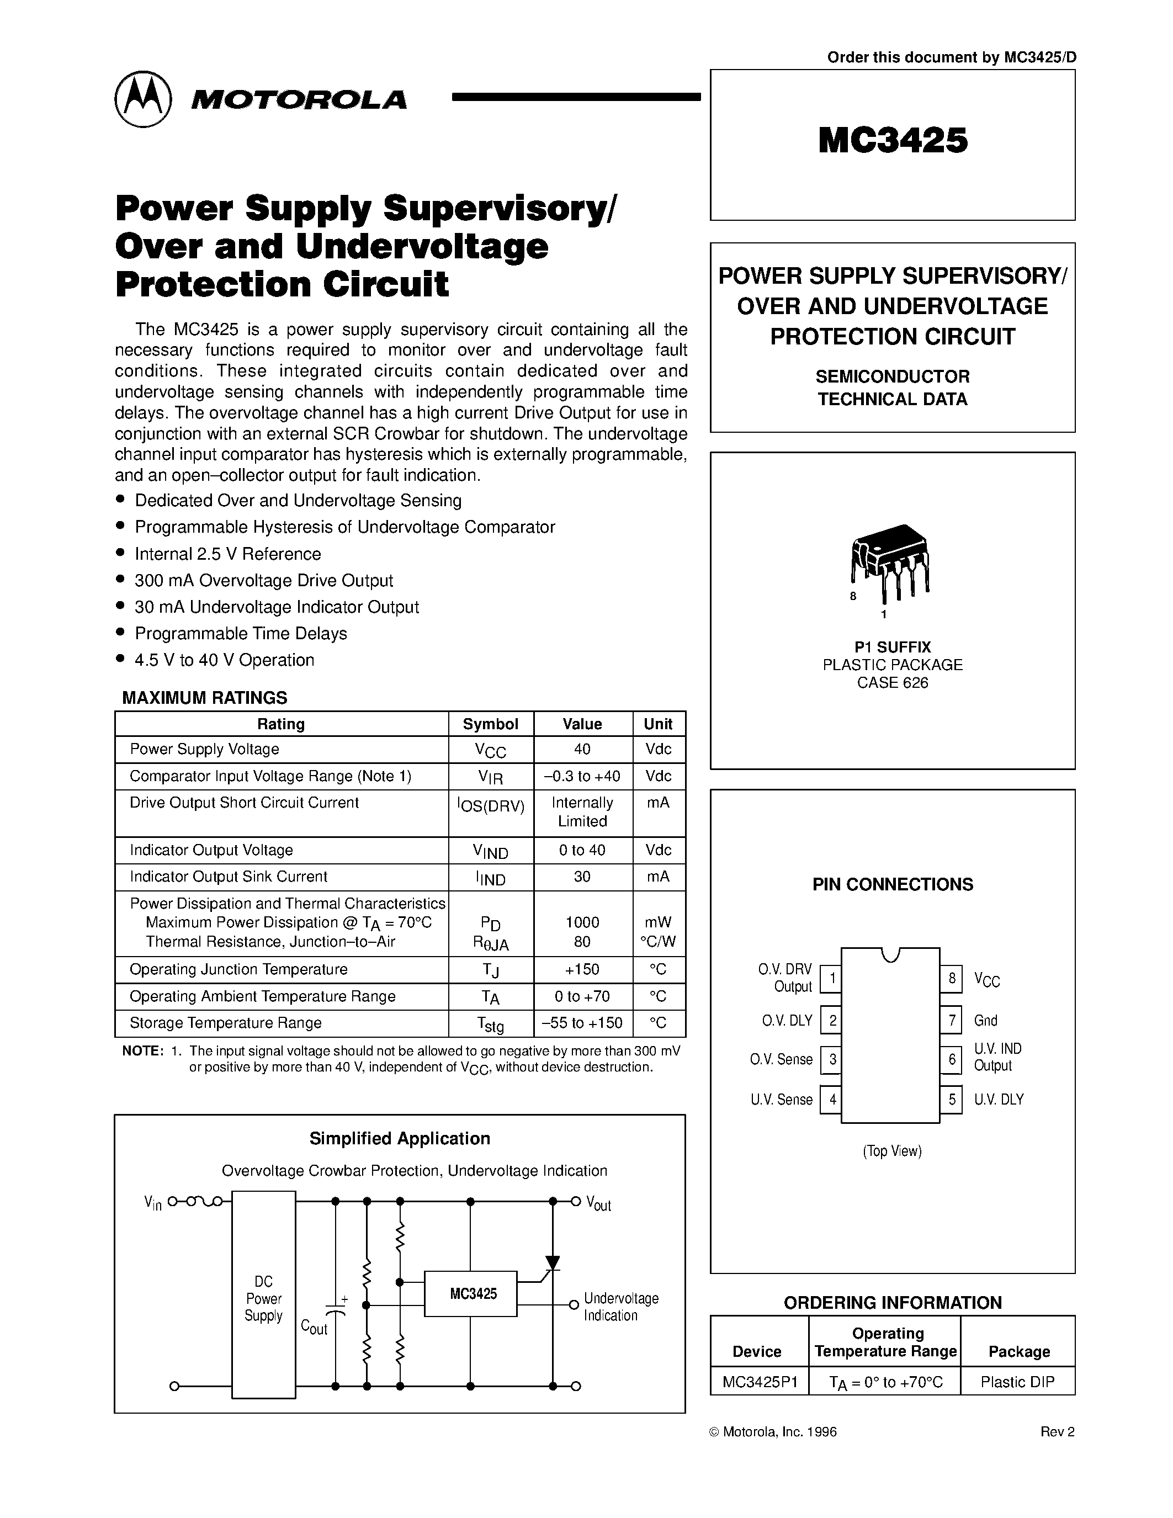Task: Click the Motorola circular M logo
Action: coord(142,99)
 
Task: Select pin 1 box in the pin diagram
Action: coord(831,979)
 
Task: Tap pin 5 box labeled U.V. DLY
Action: coord(951,1099)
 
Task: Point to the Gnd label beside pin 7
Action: coord(985,1020)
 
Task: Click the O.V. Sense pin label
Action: coord(781,1059)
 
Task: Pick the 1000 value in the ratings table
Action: coord(582,922)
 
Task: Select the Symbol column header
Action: coord(491,724)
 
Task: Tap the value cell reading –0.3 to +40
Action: coord(582,776)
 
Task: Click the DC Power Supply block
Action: coord(263,1298)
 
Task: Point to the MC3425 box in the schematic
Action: coord(471,1293)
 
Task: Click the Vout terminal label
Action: coord(598,1204)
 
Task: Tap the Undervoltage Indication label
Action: coord(620,1307)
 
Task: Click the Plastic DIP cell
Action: coord(1017,1382)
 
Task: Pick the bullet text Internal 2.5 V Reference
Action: coord(228,554)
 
